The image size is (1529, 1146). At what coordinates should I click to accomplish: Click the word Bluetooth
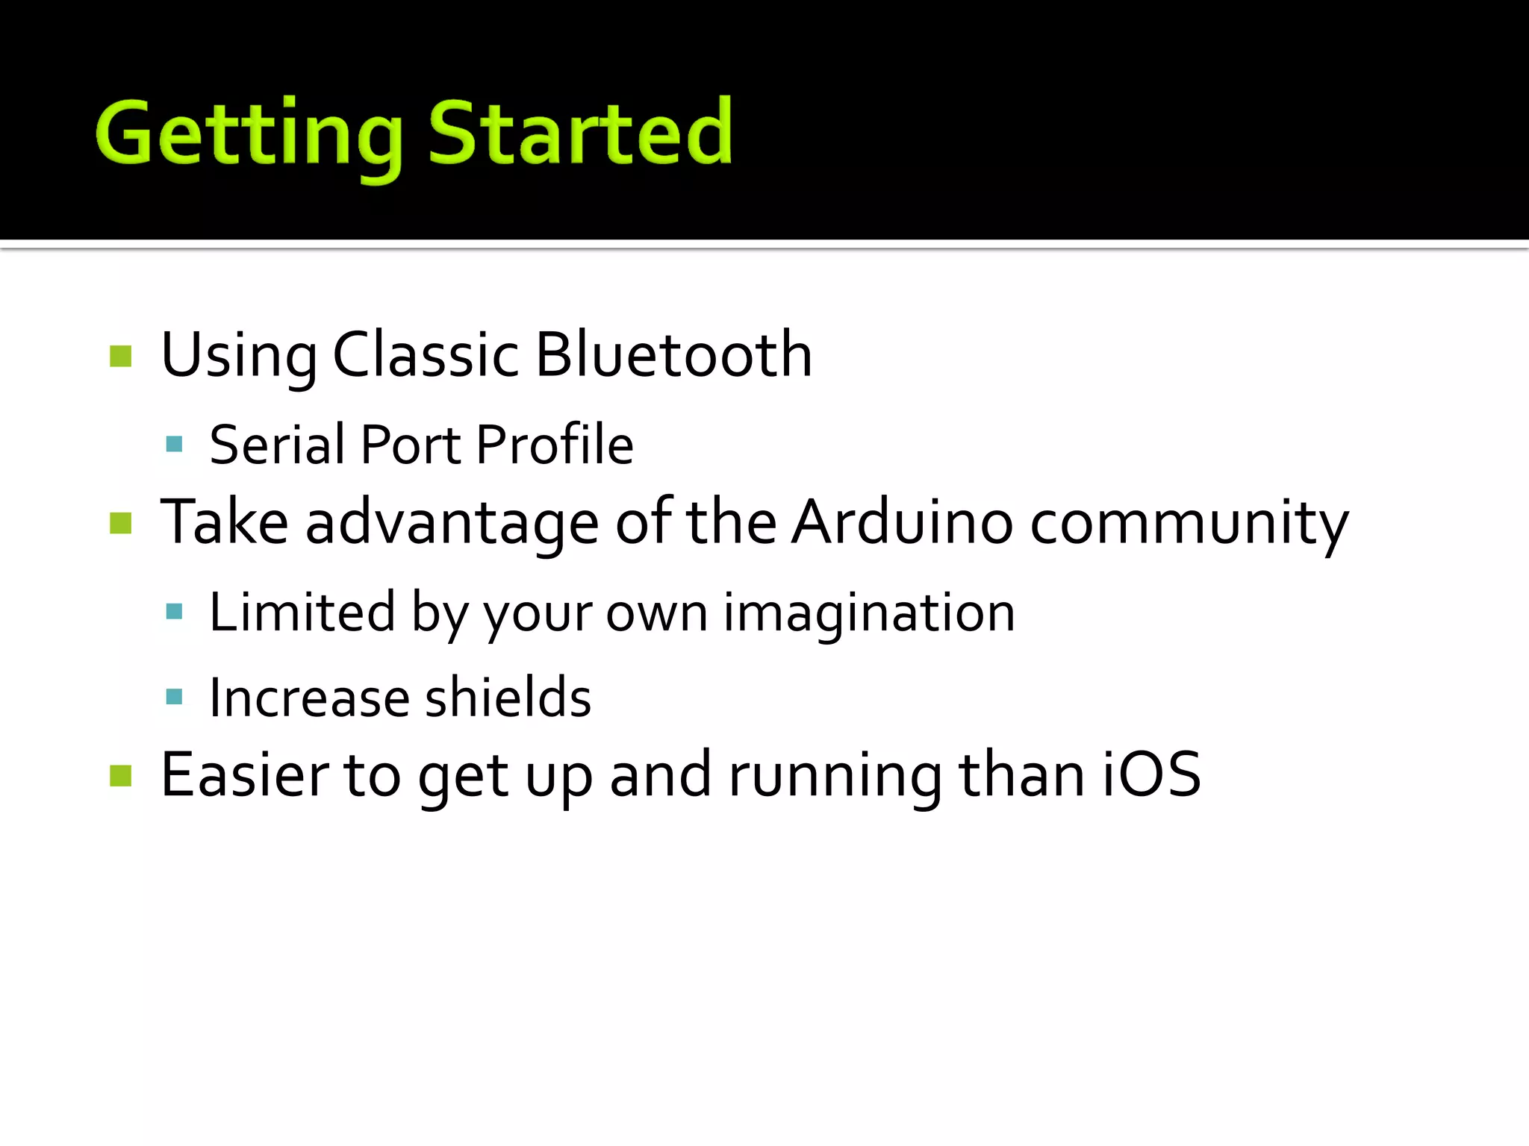click(x=673, y=354)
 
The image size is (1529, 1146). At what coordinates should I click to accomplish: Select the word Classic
click(x=426, y=354)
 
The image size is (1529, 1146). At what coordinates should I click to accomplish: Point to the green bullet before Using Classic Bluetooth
click(x=120, y=356)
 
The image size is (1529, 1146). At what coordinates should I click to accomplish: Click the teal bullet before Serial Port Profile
click(x=175, y=445)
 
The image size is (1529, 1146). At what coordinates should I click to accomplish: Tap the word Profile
click(x=555, y=445)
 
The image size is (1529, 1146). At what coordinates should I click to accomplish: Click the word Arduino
click(x=902, y=522)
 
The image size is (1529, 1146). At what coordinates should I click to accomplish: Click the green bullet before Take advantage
click(x=120, y=523)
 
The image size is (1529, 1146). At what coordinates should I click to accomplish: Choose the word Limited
click(x=302, y=612)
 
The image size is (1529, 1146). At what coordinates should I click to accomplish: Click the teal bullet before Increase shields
click(x=175, y=697)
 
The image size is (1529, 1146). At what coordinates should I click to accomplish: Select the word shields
click(x=508, y=698)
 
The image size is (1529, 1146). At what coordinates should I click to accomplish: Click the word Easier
click(x=244, y=774)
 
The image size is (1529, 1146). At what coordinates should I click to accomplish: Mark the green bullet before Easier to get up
click(x=120, y=776)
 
